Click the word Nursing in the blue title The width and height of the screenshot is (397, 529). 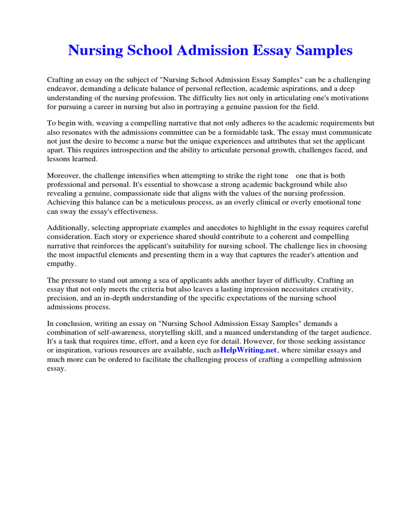pos(96,51)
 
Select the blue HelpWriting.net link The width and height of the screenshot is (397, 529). pos(249,350)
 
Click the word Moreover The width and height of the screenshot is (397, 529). pos(64,176)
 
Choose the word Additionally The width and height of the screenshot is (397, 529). pos(68,228)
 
